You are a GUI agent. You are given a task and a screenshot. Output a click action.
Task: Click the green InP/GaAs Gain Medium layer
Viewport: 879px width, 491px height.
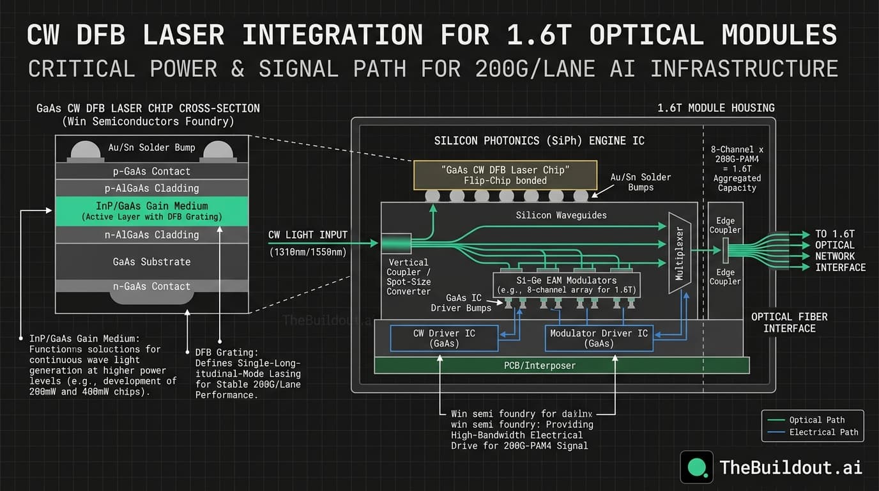point(151,211)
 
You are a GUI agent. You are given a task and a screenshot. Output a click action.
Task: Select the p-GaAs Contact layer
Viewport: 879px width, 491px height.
point(151,171)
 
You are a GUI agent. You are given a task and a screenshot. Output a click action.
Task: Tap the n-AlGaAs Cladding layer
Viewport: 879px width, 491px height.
point(151,235)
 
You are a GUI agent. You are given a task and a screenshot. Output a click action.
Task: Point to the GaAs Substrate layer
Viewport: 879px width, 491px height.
point(151,261)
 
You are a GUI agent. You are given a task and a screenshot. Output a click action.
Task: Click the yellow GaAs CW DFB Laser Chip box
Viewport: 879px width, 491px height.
point(505,175)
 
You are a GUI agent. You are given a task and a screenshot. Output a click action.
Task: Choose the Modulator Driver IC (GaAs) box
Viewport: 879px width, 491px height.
point(599,338)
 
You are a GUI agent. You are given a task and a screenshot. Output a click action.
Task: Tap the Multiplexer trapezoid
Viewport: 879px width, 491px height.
point(679,253)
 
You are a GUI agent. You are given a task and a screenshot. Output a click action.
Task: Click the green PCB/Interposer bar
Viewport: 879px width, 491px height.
point(561,365)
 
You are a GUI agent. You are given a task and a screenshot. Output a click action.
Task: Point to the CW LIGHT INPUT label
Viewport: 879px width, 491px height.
point(308,235)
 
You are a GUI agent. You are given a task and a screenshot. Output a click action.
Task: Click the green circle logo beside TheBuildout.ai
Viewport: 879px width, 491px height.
point(696,467)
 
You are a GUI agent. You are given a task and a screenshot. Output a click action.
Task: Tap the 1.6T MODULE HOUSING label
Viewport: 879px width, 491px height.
point(715,108)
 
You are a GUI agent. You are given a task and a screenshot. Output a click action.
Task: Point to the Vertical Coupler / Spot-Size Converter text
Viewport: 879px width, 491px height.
point(408,276)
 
